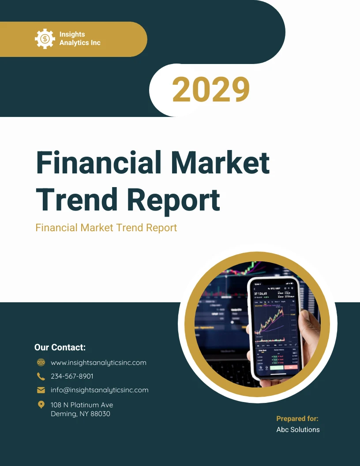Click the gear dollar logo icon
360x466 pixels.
45,39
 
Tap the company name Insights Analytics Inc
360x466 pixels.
80,39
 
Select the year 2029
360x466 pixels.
211,90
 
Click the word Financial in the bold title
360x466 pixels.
98,162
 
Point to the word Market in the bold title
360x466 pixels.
220,162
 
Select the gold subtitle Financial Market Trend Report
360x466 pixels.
106,228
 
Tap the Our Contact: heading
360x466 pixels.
60,347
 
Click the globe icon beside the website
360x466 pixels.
41,362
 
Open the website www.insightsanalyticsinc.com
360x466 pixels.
98,363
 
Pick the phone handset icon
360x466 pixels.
41,376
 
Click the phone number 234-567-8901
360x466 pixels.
72,376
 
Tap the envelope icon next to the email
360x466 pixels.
41,390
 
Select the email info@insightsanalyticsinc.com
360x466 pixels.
99,390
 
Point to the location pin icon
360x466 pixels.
41,405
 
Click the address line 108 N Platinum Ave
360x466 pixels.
82,405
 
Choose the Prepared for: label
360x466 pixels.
297,419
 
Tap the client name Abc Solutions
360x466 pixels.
298,429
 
